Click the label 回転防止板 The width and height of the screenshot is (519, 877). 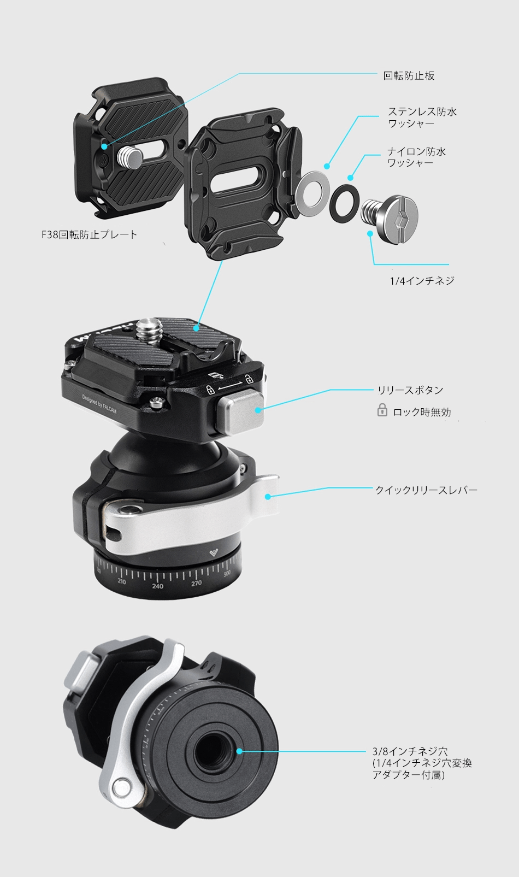point(409,75)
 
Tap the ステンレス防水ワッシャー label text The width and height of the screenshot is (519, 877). point(422,117)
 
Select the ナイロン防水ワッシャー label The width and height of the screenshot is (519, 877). point(416,157)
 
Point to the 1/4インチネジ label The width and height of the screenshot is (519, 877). point(422,281)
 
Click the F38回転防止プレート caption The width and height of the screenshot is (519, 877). point(89,234)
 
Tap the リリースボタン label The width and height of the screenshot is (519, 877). point(410,390)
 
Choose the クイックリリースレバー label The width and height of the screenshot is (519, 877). point(426,490)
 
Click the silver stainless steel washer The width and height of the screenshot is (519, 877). point(312,193)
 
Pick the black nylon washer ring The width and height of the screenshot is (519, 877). point(344,203)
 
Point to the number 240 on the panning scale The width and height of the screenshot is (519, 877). point(158,586)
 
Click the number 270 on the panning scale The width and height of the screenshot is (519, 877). point(197,583)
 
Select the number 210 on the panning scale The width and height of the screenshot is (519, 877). point(122,581)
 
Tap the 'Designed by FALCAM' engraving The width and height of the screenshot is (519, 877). point(99,404)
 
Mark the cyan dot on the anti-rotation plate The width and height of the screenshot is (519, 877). point(104,146)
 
